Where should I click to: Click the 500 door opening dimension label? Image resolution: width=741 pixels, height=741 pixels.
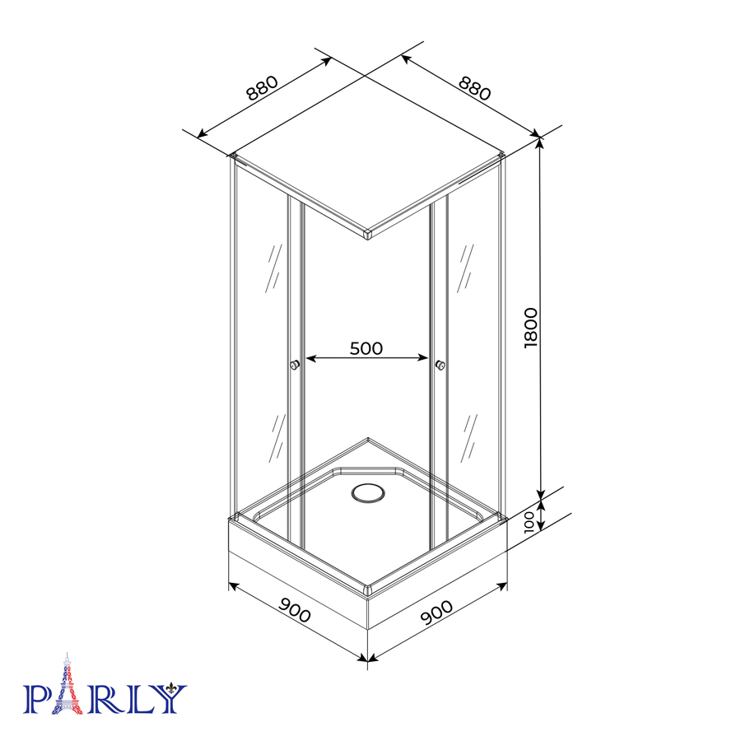click(366, 348)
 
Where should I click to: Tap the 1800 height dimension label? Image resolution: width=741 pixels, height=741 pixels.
click(531, 328)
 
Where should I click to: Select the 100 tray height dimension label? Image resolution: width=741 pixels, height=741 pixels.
click(529, 521)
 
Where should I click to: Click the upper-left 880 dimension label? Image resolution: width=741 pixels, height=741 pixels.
click(263, 88)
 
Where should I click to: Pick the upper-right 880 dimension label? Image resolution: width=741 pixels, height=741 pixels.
click(475, 88)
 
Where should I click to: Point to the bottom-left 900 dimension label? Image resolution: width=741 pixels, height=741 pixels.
click(295, 610)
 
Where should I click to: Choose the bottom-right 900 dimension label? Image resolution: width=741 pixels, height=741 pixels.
click(436, 612)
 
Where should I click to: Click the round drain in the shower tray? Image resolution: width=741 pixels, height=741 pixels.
click(368, 493)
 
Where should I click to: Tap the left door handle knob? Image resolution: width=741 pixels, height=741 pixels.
click(295, 365)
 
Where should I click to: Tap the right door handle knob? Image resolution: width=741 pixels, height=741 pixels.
click(440, 365)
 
